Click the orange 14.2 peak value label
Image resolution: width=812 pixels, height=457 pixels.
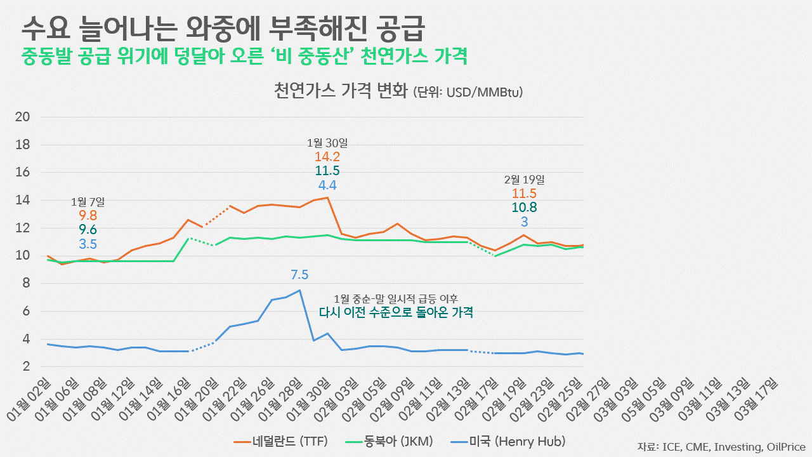pyautogui.click(x=327, y=157)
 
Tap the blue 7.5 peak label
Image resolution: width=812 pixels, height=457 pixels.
pyautogui.click(x=299, y=275)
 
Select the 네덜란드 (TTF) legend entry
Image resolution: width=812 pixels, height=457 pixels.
pyautogui.click(x=280, y=441)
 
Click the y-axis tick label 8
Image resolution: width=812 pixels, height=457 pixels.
pyautogui.click(x=27, y=284)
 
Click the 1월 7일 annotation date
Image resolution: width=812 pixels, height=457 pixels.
pyautogui.click(x=88, y=202)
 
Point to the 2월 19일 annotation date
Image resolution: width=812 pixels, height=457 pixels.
pyautogui.click(x=524, y=180)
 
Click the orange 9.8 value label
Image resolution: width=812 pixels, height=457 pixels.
pyautogui.click(x=88, y=216)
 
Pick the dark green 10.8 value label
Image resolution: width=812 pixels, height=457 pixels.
pyautogui.click(x=524, y=208)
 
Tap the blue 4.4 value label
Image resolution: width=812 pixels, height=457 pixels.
pyautogui.click(x=327, y=185)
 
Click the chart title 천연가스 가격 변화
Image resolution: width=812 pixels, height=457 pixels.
pyautogui.click(x=341, y=91)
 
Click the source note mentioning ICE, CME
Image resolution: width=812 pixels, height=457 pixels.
pyautogui.click(x=721, y=446)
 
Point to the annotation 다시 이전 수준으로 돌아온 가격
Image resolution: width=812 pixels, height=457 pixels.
pyautogui.click(x=396, y=312)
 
